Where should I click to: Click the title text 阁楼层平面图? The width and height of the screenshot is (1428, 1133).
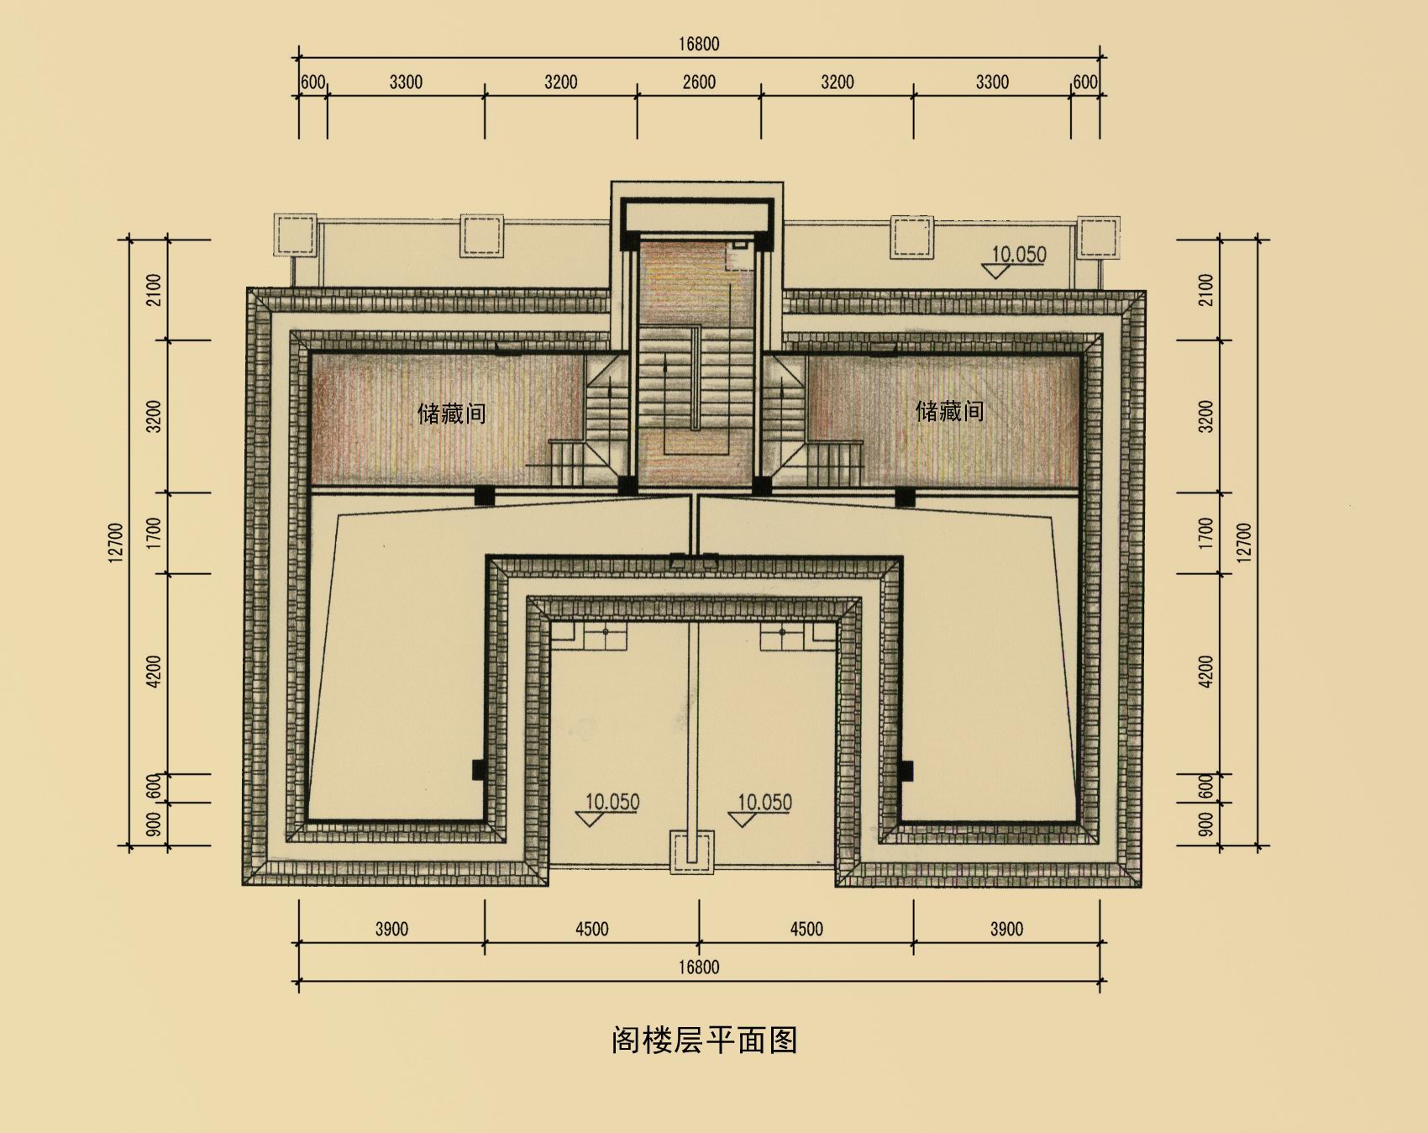point(704,1041)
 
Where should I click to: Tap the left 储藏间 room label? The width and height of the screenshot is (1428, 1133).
point(452,413)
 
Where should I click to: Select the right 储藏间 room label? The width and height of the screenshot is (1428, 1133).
point(949,410)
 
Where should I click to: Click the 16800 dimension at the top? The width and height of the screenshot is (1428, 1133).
point(699,44)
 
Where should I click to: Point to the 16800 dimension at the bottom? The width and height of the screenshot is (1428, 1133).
point(699,967)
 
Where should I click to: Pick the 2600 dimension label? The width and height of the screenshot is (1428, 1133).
point(699,82)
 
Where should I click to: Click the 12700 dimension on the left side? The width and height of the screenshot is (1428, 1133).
point(116,542)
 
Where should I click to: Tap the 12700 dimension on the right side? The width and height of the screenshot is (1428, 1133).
point(1244,542)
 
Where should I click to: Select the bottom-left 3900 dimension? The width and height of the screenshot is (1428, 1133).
point(391,929)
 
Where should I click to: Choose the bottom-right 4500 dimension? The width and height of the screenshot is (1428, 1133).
point(806,929)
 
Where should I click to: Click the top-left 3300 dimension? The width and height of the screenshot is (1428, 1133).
point(406,82)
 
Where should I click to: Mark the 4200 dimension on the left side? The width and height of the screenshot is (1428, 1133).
point(154,672)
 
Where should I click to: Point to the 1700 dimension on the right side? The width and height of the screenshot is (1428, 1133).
point(1206,534)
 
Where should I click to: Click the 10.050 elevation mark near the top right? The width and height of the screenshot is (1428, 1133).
point(1019,254)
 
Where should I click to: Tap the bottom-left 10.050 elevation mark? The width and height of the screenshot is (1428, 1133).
point(612,802)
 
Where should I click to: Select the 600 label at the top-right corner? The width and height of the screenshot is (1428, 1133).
point(1085,82)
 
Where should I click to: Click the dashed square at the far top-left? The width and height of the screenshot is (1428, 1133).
point(295,235)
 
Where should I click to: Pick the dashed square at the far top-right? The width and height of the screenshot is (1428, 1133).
point(1099,236)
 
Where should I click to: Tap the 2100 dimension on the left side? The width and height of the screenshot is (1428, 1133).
point(154,290)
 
